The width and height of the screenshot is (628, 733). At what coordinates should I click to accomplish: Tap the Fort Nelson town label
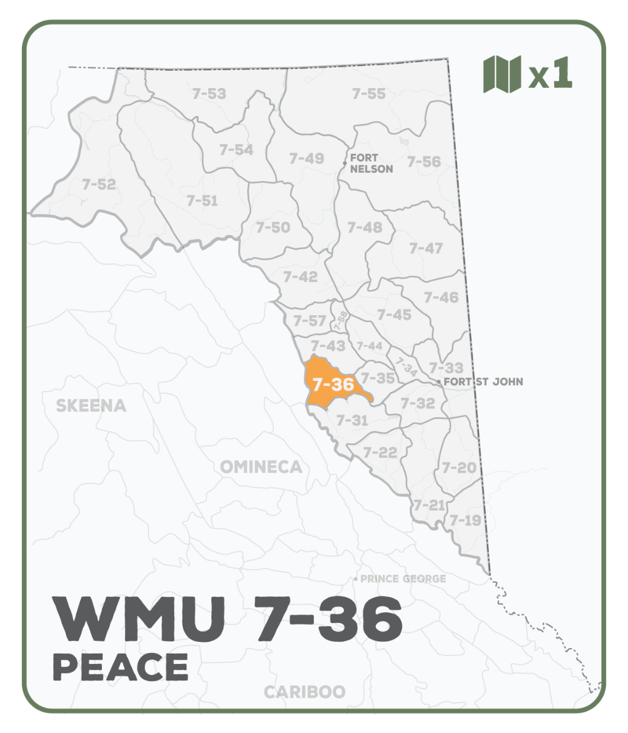coord(371,163)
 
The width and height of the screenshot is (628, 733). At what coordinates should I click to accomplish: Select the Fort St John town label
coord(483,382)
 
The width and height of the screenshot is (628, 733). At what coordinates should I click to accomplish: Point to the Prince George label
coord(403,578)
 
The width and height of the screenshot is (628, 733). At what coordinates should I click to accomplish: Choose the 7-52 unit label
coord(99,184)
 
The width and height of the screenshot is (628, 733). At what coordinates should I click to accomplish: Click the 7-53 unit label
coord(209,93)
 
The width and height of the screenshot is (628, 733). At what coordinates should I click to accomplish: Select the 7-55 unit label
coord(369,93)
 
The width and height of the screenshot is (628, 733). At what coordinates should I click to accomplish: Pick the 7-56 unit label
coord(424,162)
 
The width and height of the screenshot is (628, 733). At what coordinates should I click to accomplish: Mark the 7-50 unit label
coord(273,227)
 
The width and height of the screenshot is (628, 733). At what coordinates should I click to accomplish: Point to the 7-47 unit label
coord(426,248)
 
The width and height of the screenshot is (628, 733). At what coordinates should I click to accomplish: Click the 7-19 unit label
coord(466,520)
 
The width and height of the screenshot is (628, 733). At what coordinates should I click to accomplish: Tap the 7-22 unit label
coord(380,453)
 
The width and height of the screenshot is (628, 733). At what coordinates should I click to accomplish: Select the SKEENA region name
coord(91,406)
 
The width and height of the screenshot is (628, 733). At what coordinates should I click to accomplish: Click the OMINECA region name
coord(261,467)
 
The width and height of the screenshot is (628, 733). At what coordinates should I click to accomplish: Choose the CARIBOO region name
coord(304,692)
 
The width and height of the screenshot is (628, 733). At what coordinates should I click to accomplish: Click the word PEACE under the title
coord(120,666)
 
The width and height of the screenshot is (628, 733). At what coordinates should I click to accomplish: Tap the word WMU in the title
coord(137,619)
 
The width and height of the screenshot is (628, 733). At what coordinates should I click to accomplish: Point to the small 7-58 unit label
coord(341,320)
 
